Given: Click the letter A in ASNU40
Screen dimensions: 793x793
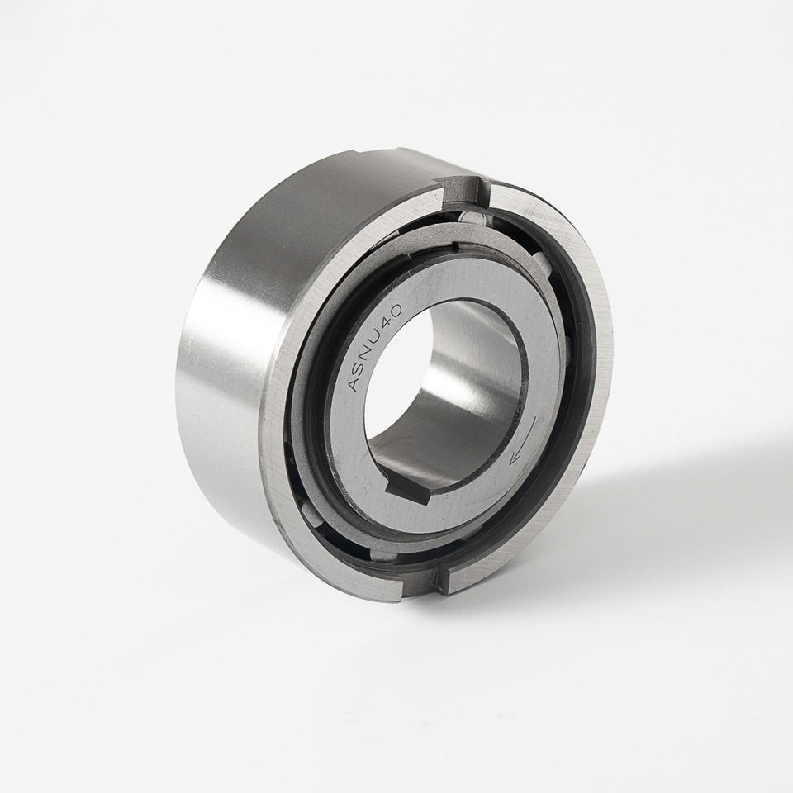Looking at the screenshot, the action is tap(354, 384).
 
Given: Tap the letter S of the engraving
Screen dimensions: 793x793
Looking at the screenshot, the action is tap(361, 368).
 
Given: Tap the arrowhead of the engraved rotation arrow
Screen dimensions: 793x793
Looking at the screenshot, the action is tap(515, 458).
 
